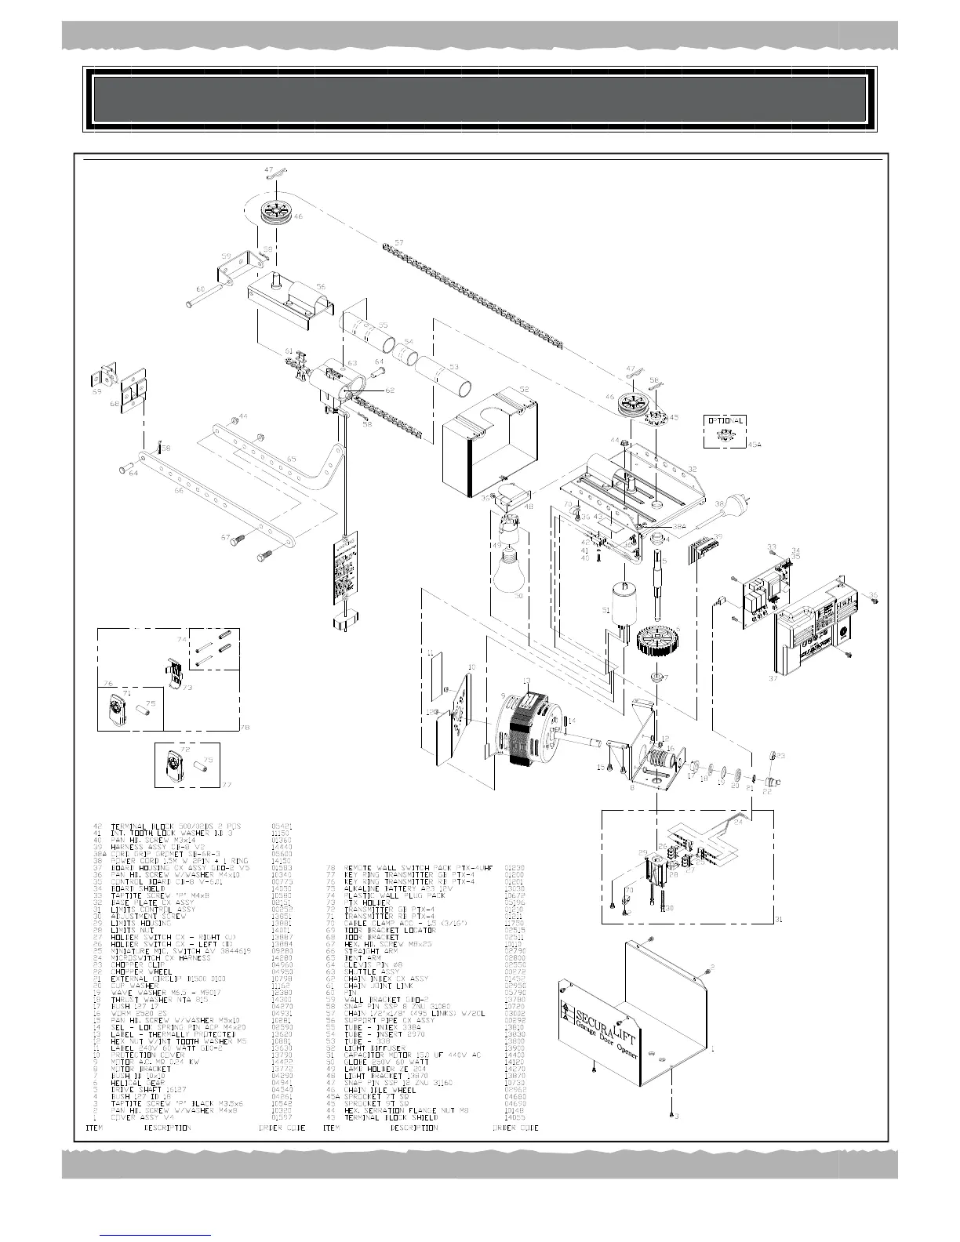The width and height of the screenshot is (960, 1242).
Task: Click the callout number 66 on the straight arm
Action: pos(179,490)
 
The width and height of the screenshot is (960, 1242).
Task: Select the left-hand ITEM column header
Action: pos(93,1128)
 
